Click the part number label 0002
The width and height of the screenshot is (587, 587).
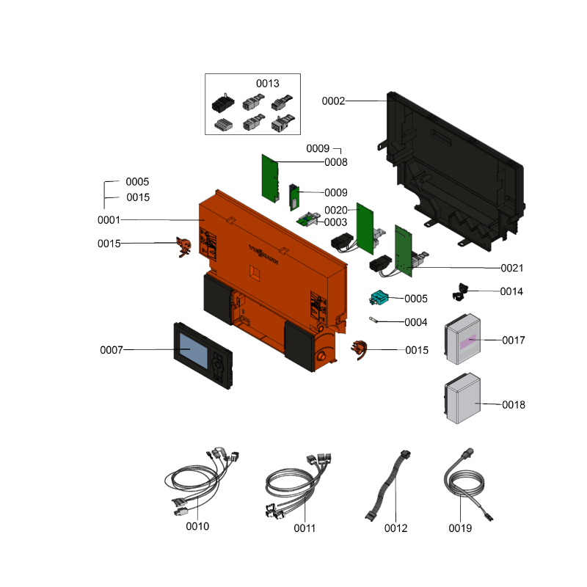[x=333, y=101]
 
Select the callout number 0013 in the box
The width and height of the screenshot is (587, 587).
[x=268, y=84]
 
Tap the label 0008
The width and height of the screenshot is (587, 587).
[x=336, y=162]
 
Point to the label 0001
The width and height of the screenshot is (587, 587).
[x=109, y=220]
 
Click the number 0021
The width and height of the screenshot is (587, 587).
[x=512, y=268]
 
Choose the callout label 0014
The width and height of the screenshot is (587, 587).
[x=511, y=291]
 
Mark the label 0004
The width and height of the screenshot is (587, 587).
[x=416, y=322]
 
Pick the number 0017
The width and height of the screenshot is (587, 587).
[x=514, y=340]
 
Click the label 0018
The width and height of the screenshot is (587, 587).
[x=514, y=404]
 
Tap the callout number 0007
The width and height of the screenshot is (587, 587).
[x=112, y=350]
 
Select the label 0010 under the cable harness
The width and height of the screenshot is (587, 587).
[x=198, y=526]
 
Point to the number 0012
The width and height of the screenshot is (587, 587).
[x=395, y=528]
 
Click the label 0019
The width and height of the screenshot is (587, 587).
[x=461, y=527]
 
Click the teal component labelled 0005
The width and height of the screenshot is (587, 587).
[x=379, y=298]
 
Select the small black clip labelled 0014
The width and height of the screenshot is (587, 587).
[x=461, y=292]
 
